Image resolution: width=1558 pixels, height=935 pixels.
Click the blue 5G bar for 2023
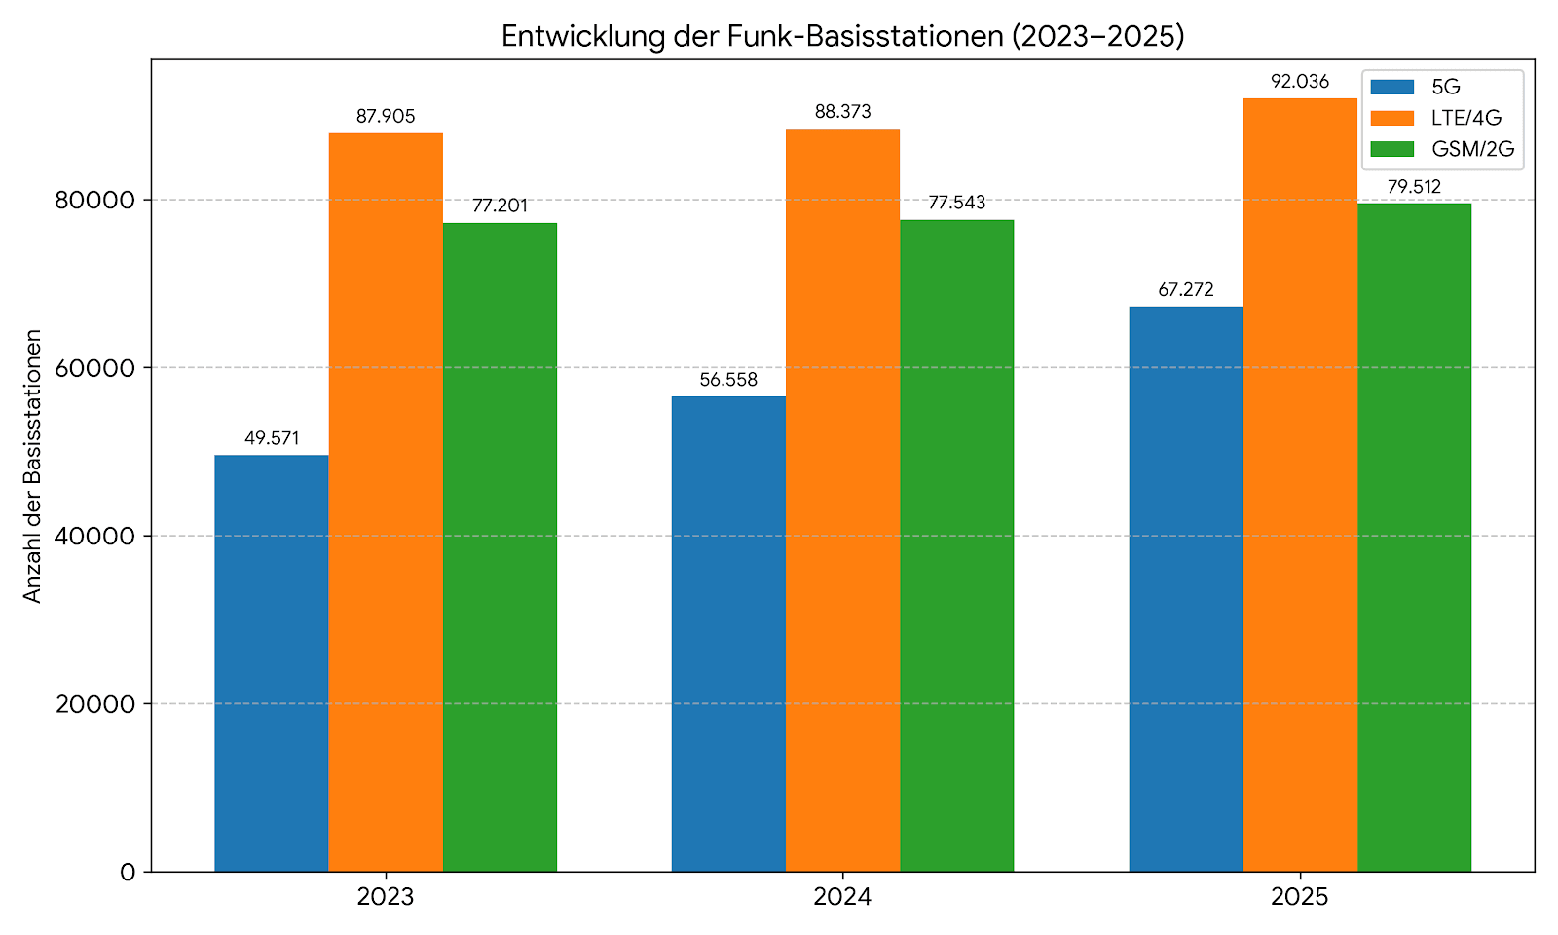272,663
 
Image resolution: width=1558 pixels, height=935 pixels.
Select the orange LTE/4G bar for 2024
842,501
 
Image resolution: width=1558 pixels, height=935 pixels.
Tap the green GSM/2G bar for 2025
1414,537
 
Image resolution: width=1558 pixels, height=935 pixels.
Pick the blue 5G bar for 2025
1186,588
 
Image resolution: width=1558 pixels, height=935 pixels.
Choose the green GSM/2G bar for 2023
501,546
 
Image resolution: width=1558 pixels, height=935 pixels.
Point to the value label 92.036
1300,82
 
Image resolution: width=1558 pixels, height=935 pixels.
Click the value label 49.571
272,438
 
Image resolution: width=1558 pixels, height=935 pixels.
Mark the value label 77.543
957,203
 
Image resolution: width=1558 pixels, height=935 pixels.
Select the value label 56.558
728,380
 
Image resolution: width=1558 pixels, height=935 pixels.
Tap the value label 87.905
386,116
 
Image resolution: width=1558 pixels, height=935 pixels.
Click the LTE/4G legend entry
1442,118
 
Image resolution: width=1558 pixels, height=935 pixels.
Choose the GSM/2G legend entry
1442,149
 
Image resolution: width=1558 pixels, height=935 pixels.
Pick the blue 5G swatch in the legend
1391,87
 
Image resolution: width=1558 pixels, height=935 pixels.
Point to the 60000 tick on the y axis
94,368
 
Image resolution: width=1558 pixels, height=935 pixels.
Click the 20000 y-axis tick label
94,704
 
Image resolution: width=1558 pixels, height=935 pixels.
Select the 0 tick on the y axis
128,873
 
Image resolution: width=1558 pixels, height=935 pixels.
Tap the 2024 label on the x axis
842,897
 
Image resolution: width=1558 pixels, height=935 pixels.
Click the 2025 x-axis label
1300,897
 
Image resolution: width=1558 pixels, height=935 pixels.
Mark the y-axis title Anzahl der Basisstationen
33,467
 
